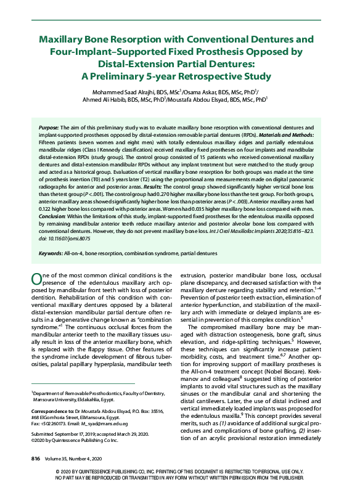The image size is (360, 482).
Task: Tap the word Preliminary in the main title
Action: (x=129, y=77)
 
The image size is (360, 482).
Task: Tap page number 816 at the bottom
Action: (x=36, y=459)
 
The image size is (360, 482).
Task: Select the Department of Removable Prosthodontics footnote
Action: (x=96, y=392)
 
